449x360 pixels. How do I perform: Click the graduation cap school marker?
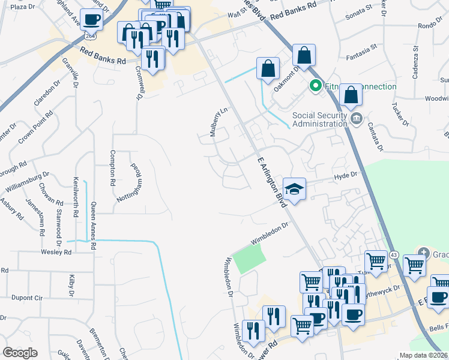(294, 190)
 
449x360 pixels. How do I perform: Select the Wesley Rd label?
(59, 253)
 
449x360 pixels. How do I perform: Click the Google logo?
(20, 353)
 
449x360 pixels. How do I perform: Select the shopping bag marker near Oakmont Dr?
(267, 69)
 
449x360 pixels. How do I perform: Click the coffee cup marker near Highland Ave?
(91, 20)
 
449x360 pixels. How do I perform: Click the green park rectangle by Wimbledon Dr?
(249, 259)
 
